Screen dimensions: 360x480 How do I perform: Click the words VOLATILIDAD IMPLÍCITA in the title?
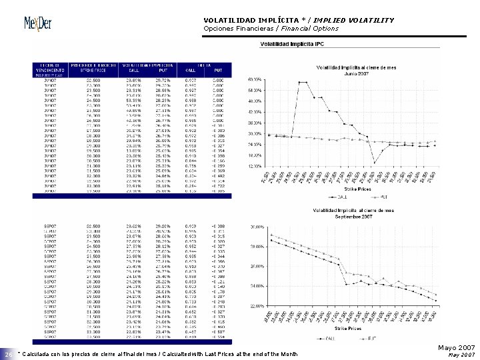[x=244, y=20]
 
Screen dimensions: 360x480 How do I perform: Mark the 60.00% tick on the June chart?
[x=255, y=79]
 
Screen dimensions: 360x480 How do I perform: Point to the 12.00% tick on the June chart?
[x=255, y=165]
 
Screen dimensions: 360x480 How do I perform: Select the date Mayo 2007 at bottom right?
[x=457, y=348]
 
